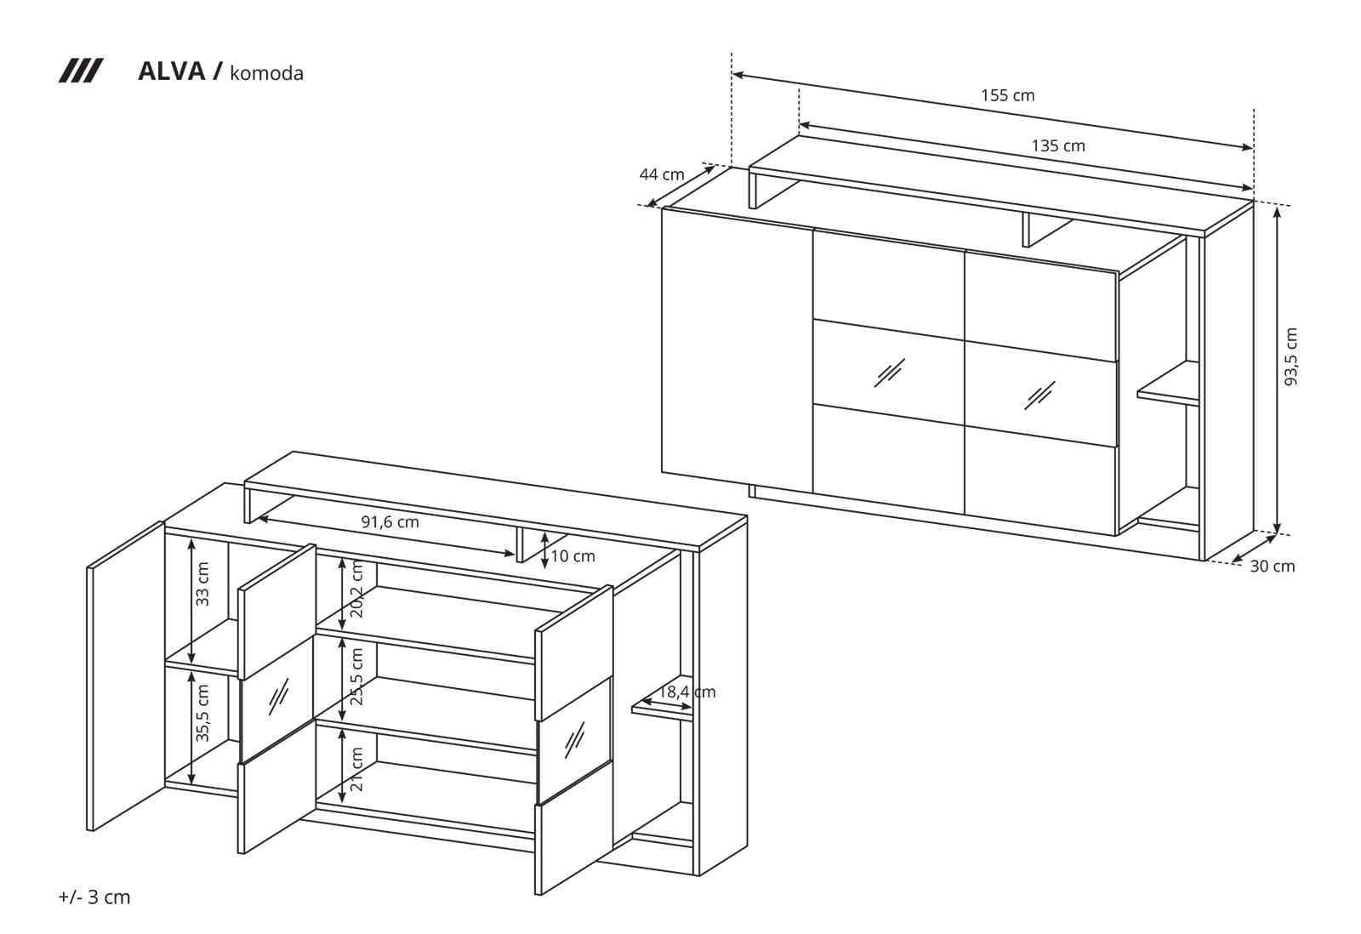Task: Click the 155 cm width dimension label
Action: click(x=1007, y=95)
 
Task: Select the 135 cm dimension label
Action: click(x=1058, y=145)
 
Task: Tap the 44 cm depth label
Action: click(x=662, y=174)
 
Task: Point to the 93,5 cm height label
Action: click(x=1290, y=356)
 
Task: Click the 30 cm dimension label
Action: click(x=1273, y=567)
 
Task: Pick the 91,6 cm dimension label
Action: click(x=390, y=522)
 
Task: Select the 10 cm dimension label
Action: click(x=573, y=556)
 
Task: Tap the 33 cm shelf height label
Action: click(x=202, y=584)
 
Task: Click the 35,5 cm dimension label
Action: click(x=202, y=713)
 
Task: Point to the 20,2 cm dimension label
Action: click(x=356, y=589)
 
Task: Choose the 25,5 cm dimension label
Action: click(x=356, y=676)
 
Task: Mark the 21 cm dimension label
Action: click(x=356, y=769)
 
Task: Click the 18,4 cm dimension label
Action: click(x=687, y=692)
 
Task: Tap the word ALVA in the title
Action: click(x=172, y=71)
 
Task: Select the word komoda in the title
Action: click(x=267, y=73)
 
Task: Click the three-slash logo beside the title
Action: click(x=81, y=71)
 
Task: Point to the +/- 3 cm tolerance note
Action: click(x=94, y=897)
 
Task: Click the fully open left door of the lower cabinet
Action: click(x=126, y=675)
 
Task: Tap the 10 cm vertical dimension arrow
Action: click(x=545, y=550)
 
